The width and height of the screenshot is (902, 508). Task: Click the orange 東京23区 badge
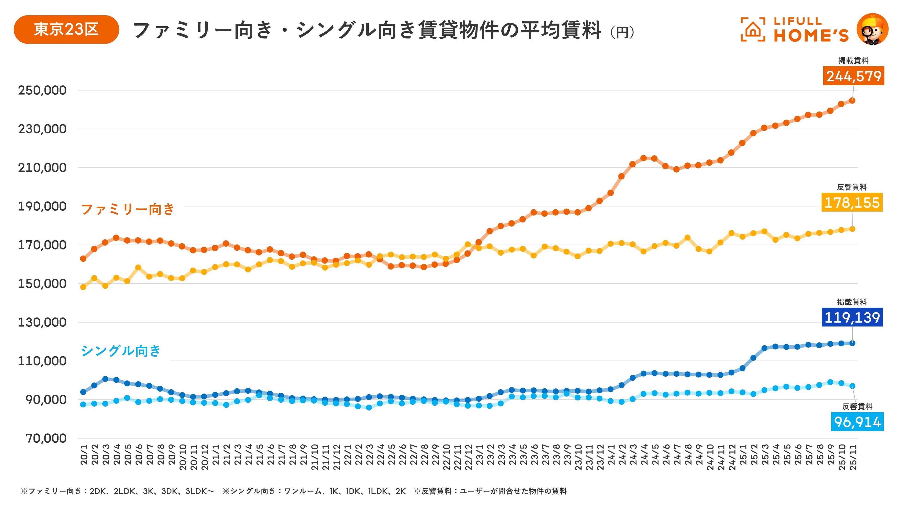click(x=66, y=29)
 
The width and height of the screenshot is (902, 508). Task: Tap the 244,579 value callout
click(x=853, y=76)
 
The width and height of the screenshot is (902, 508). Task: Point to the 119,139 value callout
click(x=852, y=317)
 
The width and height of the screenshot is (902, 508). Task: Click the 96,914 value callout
click(x=857, y=422)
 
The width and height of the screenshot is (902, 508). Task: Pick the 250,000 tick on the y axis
click(x=42, y=90)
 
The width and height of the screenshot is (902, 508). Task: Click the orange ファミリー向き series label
click(x=128, y=209)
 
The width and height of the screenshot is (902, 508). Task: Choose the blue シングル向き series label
click(x=121, y=351)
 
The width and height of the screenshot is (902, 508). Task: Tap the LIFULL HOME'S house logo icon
click(x=753, y=29)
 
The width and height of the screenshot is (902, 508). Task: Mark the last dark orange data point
click(x=852, y=101)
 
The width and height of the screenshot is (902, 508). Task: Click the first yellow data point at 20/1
click(x=83, y=287)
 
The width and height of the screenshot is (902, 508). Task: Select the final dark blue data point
click(x=852, y=343)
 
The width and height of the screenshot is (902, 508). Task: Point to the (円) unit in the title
click(x=622, y=32)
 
